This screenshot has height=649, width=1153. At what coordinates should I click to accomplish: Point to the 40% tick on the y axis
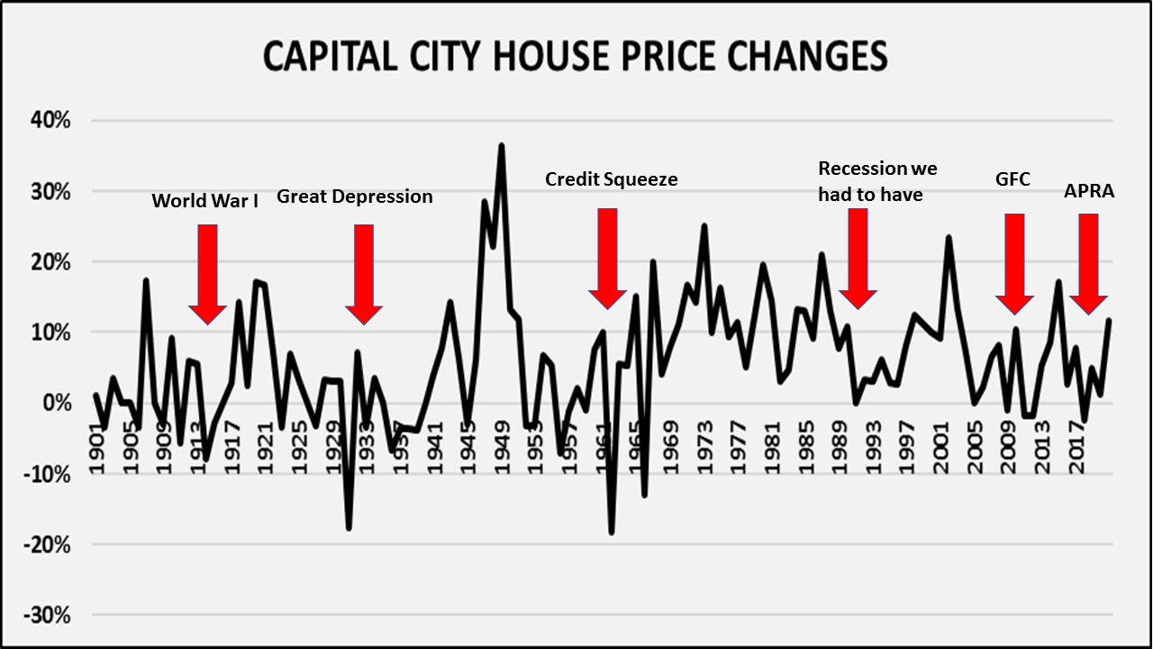(51, 121)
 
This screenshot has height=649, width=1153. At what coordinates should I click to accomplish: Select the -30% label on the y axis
(50, 616)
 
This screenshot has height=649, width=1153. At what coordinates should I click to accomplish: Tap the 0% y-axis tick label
(58, 403)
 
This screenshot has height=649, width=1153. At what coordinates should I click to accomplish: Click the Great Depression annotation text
(354, 197)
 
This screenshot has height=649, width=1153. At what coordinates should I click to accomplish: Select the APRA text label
(1089, 192)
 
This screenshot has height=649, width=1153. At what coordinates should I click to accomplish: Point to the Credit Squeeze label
(611, 179)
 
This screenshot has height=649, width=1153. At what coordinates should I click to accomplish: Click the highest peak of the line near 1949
(502, 145)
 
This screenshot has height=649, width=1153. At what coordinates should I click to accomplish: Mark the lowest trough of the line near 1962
(612, 533)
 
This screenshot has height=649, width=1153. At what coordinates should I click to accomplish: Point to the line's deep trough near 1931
(349, 528)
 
